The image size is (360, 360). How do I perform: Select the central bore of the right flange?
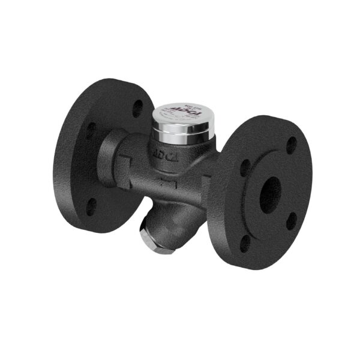(271, 193)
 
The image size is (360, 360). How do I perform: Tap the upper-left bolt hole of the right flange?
(245, 168)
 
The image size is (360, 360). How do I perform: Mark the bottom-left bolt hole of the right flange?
(245, 244)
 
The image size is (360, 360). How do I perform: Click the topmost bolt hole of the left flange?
(137, 108)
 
